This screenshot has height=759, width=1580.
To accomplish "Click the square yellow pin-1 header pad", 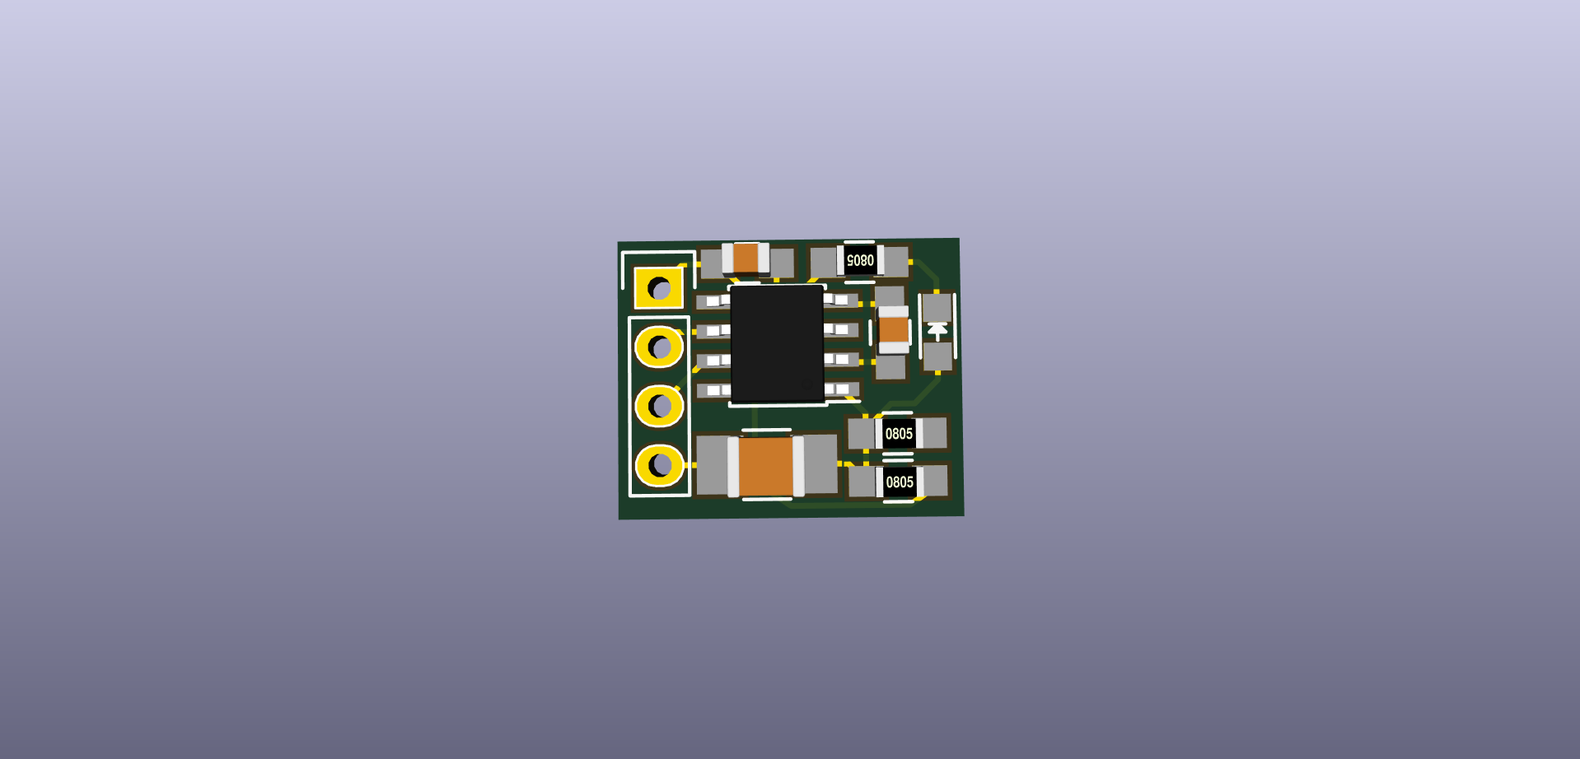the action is (659, 288).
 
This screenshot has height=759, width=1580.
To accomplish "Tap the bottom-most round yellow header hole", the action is (660, 466).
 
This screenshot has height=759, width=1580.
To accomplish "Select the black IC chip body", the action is (778, 344).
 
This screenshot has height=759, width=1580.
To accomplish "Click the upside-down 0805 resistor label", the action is (860, 261).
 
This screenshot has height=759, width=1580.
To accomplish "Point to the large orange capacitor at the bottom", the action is (766, 466).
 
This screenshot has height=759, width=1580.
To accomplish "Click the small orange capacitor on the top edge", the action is (746, 258).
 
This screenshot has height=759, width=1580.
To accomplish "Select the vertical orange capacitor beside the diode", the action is (894, 330).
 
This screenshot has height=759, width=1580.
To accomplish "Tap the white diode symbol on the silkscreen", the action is (937, 331).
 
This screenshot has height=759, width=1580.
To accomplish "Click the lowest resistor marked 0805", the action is (899, 482).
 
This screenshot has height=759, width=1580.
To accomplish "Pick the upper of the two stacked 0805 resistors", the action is (898, 434).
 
